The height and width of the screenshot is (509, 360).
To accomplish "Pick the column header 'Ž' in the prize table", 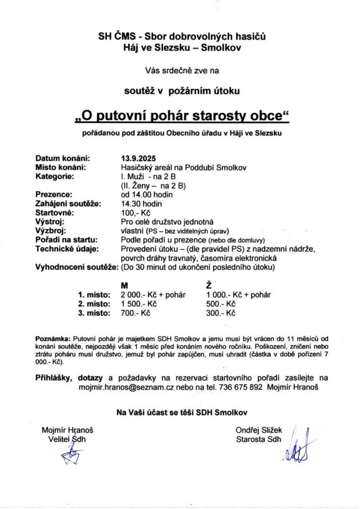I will (208, 285).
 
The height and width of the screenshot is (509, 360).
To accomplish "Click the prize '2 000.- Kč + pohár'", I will (153, 294).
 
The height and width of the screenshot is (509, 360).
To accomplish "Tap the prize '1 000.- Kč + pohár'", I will (238, 294).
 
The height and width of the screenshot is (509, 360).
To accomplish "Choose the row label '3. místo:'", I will (94, 313).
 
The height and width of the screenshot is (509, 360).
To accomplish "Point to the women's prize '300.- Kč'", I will (220, 313).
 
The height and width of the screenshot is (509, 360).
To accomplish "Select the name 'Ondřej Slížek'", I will (259, 430).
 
